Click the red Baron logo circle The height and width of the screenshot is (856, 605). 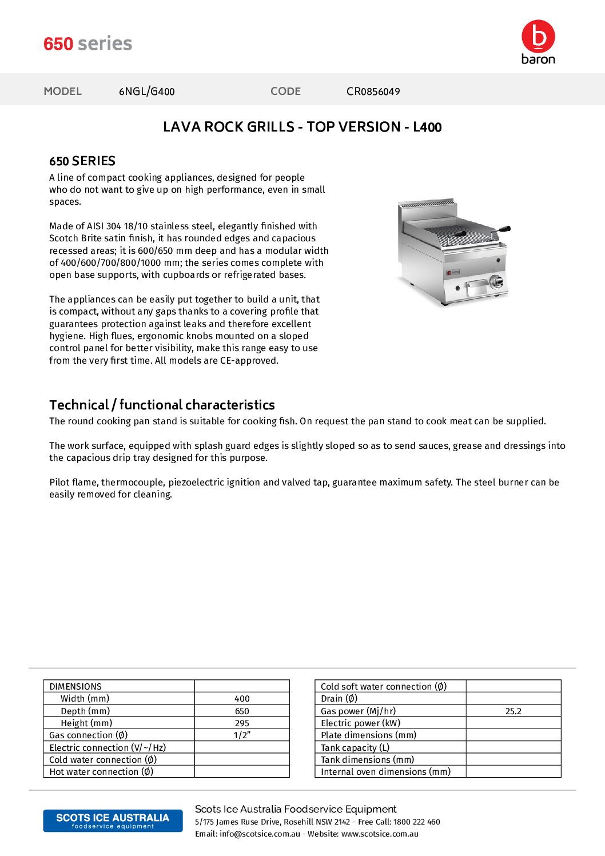(538, 36)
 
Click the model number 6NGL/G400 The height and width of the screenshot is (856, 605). (146, 91)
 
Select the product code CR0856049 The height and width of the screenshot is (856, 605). (373, 91)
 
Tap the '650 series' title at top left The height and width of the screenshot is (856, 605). (87, 43)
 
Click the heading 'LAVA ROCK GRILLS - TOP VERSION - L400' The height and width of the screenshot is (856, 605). (302, 127)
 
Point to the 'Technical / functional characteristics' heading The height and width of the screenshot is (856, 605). (162, 405)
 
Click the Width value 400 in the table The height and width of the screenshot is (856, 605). (242, 699)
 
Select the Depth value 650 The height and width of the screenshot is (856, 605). (242, 711)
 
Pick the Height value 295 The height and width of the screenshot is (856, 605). (242, 723)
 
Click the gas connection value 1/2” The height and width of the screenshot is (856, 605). (242, 735)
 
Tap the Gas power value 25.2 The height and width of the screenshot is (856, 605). (513, 711)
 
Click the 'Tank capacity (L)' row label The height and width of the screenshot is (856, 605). (355, 747)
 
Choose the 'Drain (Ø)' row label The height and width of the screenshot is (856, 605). (339, 699)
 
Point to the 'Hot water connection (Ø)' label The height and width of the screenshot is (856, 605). (101, 772)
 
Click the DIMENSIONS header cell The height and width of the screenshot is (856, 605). (75, 686)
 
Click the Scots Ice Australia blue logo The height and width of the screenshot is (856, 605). (113, 821)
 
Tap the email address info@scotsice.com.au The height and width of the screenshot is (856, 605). (260, 834)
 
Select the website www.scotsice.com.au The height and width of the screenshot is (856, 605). (380, 834)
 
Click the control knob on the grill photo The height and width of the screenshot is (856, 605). (496, 281)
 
